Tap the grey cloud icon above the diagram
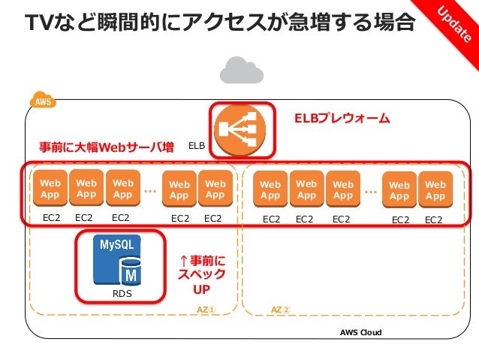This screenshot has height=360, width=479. tap(241, 71)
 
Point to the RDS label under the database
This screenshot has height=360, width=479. tap(121, 294)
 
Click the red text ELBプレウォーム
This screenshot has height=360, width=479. tap(342, 119)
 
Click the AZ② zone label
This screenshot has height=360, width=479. tap(280, 310)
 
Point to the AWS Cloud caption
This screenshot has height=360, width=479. tap(360, 332)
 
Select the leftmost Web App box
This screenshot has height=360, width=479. tap(50, 189)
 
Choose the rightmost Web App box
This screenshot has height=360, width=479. tap(435, 190)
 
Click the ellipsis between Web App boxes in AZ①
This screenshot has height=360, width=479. tap(150, 190)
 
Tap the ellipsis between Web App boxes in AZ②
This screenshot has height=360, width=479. tap(370, 191)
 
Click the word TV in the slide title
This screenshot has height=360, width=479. tap(39, 23)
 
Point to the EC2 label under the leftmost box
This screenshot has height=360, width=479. tap(50, 219)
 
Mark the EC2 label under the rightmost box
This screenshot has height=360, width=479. tap(434, 220)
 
